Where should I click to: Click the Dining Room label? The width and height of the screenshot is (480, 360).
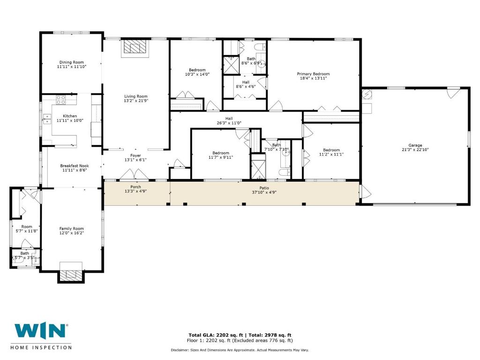click(72, 62)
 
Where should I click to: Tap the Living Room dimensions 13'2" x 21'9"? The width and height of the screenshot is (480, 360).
click(136, 100)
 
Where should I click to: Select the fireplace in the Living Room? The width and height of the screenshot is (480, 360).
click(135, 48)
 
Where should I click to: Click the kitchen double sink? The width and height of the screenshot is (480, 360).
click(47, 119)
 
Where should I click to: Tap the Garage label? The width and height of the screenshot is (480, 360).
click(415, 145)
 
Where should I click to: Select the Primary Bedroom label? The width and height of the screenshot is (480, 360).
click(313, 74)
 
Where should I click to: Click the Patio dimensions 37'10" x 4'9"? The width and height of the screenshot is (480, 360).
click(264, 192)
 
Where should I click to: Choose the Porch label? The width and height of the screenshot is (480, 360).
click(135, 187)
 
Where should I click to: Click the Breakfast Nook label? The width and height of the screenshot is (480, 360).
click(75, 166)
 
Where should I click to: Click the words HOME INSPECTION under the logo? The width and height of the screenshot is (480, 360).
click(41, 347)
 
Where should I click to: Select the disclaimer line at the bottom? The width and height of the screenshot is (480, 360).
click(240, 350)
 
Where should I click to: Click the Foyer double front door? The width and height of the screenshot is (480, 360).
click(134, 174)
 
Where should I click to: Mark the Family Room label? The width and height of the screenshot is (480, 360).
click(71, 229)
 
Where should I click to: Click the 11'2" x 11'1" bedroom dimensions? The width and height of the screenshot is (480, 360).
click(331, 154)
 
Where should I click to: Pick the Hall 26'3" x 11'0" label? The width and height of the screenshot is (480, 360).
click(229, 120)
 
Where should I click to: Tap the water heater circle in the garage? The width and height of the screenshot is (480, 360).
click(367, 94)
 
